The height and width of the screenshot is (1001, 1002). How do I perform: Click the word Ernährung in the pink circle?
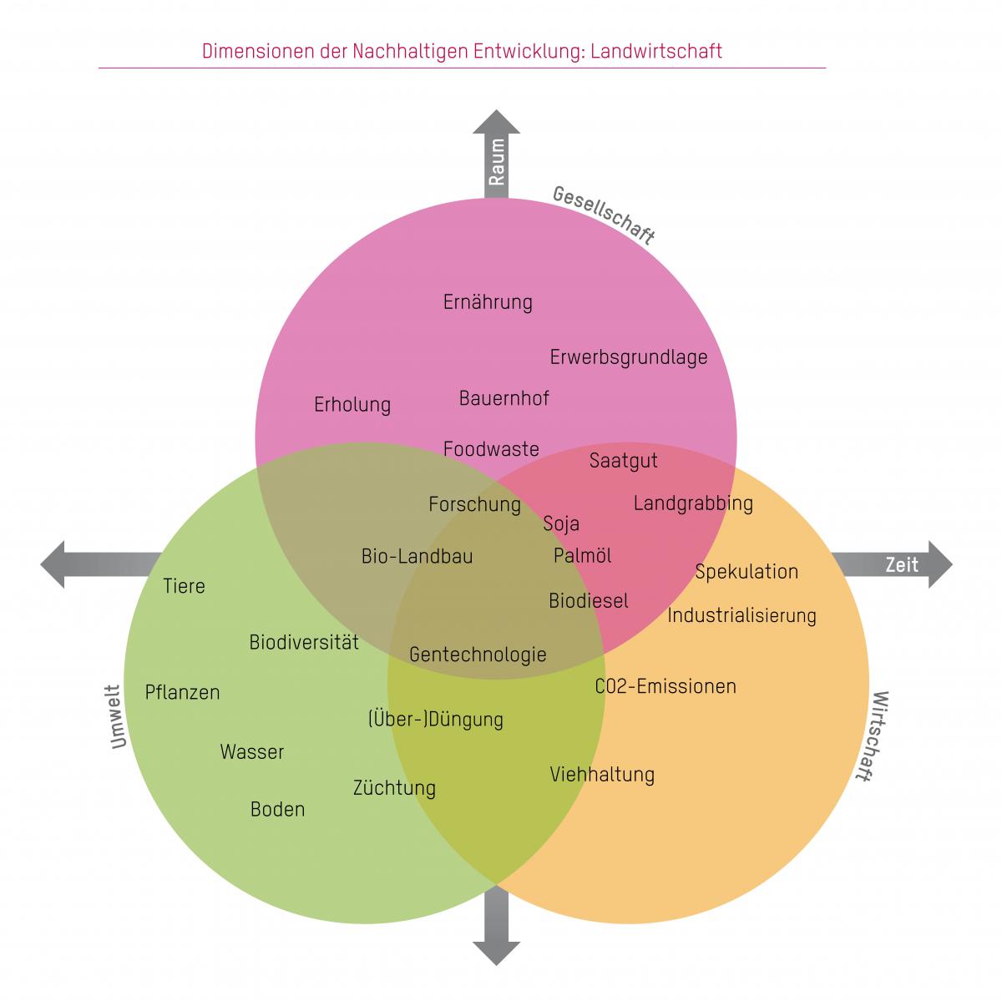[x=488, y=302]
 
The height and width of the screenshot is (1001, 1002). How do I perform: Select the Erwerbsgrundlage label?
[x=628, y=358]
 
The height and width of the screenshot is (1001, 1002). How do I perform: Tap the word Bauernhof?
[x=504, y=398]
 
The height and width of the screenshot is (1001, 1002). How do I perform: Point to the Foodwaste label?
[x=491, y=449]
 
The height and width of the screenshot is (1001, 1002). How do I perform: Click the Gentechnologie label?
[x=478, y=655]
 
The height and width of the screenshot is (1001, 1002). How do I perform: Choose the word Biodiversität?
[x=304, y=643]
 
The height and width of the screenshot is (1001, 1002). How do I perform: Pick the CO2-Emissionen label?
[x=665, y=687]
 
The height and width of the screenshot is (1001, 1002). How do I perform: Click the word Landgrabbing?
[x=693, y=503]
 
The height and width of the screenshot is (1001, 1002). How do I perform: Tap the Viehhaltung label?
[x=602, y=775]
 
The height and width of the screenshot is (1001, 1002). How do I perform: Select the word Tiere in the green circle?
[x=184, y=586]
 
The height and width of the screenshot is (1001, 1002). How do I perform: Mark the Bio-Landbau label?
[x=417, y=556]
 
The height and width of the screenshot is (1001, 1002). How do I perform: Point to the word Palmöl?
[x=583, y=556]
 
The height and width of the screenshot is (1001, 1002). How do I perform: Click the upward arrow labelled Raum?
[x=497, y=154]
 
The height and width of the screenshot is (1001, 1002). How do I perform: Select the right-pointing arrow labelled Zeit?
[x=893, y=564]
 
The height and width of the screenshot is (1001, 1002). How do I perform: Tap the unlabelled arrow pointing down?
[x=497, y=927]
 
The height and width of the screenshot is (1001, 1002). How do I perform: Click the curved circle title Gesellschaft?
[x=604, y=215]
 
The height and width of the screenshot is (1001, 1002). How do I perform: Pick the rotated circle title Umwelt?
[x=116, y=717]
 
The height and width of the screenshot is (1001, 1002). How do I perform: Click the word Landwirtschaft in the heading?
[x=655, y=51]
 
